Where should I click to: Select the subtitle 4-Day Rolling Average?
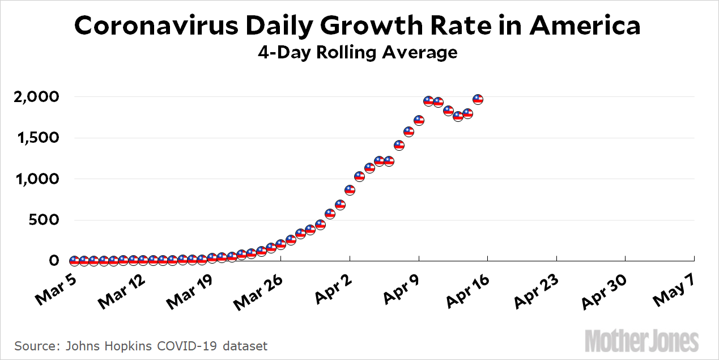click(x=358, y=53)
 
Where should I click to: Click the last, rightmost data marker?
click(x=478, y=99)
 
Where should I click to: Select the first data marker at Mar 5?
click(x=74, y=261)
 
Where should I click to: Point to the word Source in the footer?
click(x=32, y=345)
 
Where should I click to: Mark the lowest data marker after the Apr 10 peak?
click(x=458, y=116)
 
